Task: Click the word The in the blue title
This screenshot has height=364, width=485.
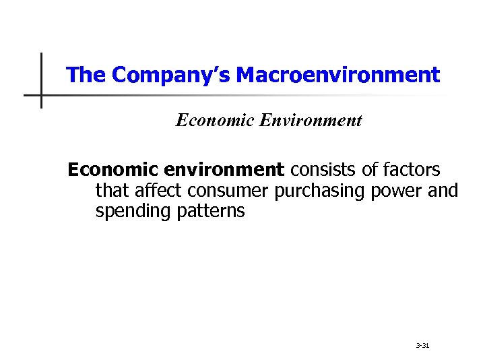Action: (87, 75)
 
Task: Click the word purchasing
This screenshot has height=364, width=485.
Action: (320, 191)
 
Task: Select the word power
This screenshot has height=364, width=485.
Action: (398, 191)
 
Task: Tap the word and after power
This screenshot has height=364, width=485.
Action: (443, 191)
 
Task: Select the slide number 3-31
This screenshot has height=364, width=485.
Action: (423, 346)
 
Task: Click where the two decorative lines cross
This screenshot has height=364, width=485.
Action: (41, 95)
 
